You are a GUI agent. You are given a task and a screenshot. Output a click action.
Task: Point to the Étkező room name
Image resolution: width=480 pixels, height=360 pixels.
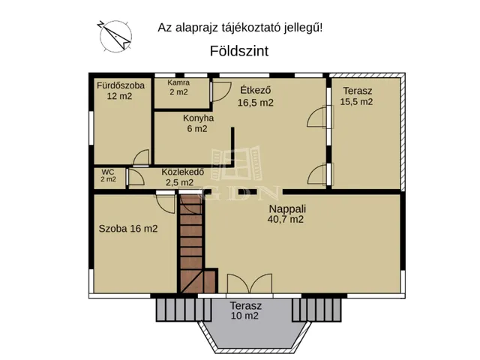254,90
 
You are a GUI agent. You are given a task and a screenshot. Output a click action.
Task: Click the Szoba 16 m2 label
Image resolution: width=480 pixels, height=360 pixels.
128,229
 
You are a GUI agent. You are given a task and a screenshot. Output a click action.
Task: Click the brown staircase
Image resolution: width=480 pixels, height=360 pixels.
192,244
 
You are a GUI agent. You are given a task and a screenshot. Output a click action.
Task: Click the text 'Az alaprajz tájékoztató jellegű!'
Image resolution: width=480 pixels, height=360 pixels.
240,28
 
